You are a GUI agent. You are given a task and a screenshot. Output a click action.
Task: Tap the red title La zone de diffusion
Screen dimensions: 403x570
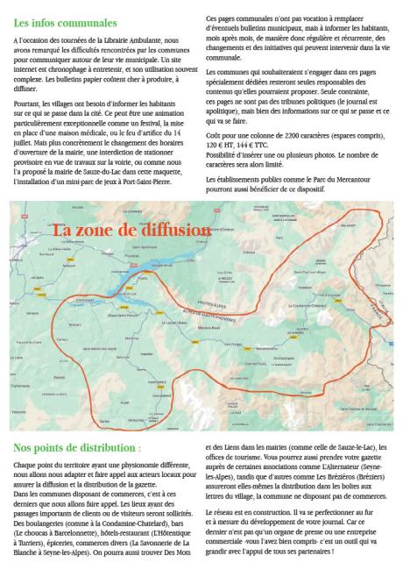point(131,230)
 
